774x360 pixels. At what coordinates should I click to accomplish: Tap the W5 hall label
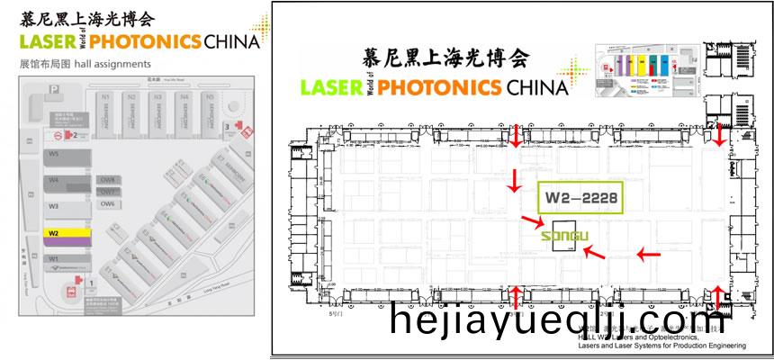click(55, 155)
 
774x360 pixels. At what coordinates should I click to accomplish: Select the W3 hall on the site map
click(55, 206)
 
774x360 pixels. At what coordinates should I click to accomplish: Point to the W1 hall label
click(54, 259)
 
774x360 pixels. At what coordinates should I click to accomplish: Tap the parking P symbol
click(56, 89)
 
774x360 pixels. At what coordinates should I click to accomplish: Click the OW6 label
click(107, 202)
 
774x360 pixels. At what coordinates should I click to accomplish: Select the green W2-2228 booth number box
click(580, 197)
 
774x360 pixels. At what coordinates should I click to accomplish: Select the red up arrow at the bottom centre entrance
click(514, 297)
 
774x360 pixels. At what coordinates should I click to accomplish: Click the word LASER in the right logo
click(329, 87)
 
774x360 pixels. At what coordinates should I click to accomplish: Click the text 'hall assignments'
click(115, 65)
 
